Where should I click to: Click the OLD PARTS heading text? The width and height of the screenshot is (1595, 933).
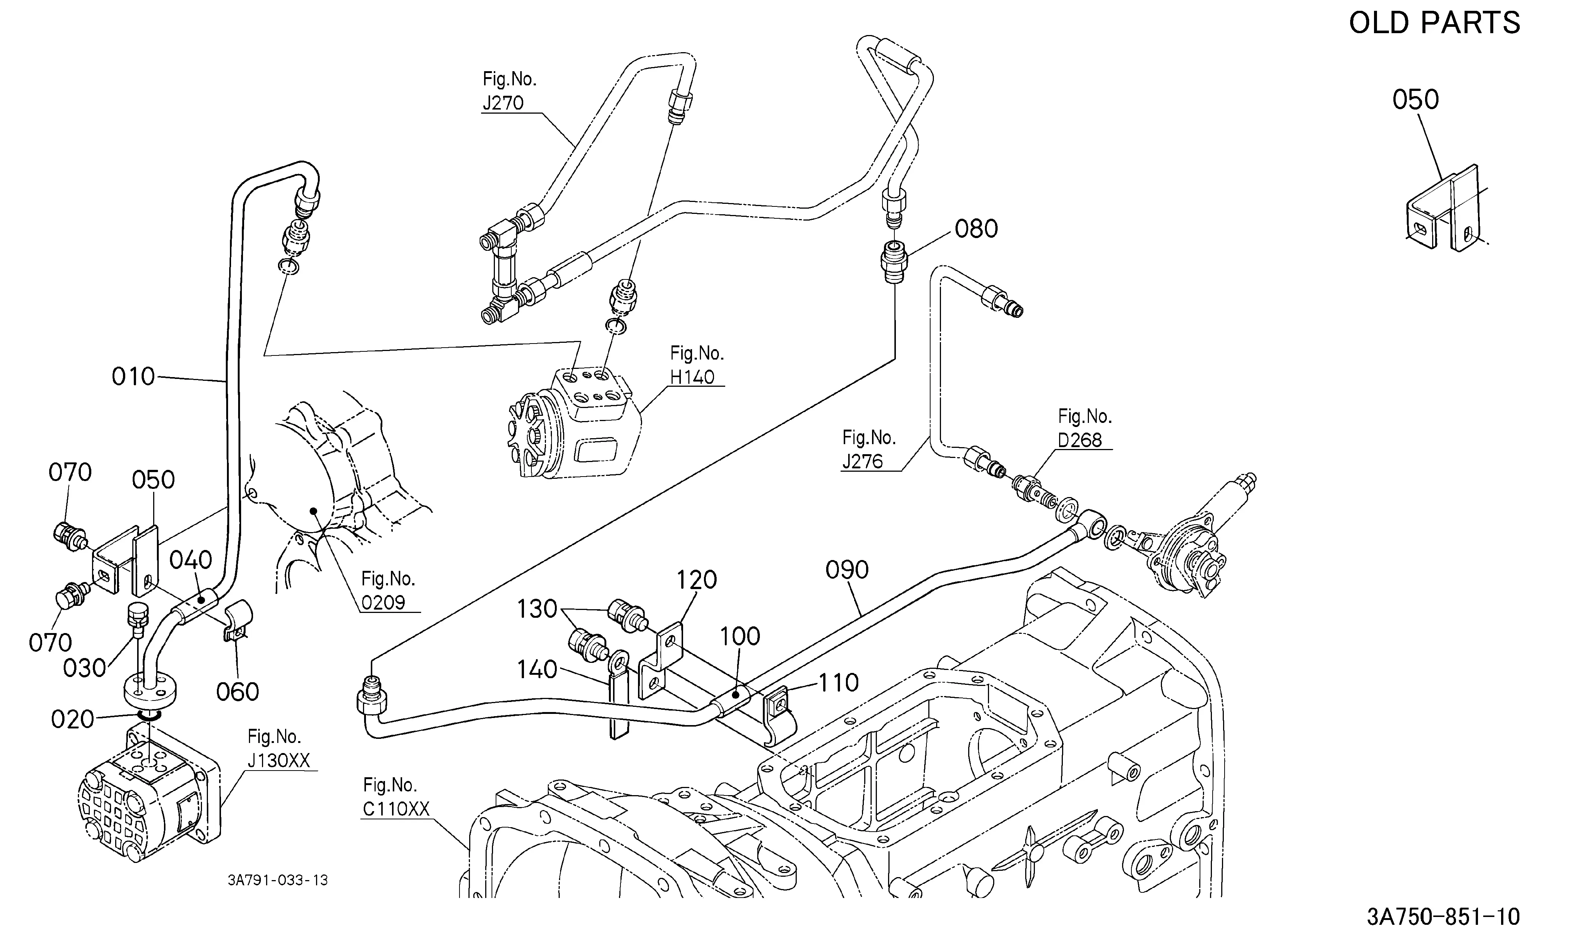coord(1434,23)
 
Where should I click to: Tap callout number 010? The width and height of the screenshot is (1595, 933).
coord(133,377)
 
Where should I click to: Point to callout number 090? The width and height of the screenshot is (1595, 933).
coord(847,570)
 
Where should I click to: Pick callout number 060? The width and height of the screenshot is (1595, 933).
coord(237,692)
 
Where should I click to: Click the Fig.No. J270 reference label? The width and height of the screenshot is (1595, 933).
coord(509,91)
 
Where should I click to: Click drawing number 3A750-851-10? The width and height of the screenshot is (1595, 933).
coord(1443,916)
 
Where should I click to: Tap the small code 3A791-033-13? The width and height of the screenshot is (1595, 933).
coord(278,880)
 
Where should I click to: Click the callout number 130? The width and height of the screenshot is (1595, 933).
coord(537,609)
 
